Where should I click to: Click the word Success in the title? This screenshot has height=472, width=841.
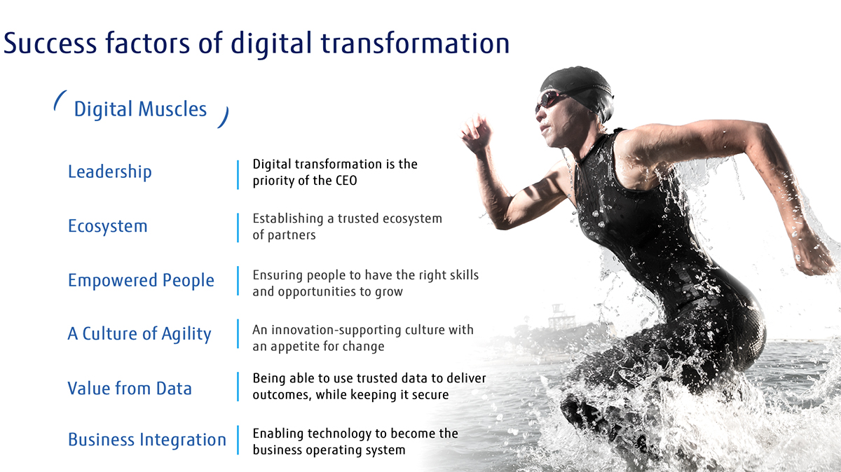point(50,43)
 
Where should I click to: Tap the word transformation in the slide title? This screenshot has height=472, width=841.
point(415,43)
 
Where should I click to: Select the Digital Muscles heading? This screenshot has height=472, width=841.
point(140,109)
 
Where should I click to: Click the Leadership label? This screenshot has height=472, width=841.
point(109,172)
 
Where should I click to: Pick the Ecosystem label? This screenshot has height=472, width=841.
point(108,226)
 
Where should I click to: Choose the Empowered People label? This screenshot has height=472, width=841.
point(141,281)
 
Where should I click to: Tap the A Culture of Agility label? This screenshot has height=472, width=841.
point(139,334)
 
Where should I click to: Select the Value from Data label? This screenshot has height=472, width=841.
point(130,389)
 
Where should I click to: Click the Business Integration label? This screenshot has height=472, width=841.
point(147,440)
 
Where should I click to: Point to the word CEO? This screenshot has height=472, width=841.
point(346,181)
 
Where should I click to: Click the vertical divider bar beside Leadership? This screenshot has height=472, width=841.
point(238,175)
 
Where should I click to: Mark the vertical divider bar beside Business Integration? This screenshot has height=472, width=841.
point(238,440)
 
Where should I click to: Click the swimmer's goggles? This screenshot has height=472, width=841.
point(551,99)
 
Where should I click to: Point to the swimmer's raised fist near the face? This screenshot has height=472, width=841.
point(476,134)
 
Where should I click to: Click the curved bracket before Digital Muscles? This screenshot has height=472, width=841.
point(60,100)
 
